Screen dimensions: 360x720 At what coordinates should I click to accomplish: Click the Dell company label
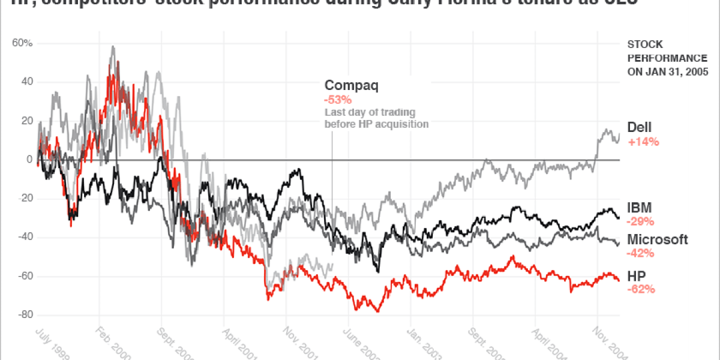click(x=639, y=127)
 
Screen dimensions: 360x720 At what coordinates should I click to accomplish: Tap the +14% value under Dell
click(x=643, y=142)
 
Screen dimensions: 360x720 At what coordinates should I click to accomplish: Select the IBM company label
click(x=640, y=208)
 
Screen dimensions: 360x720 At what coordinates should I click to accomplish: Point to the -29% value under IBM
click(x=640, y=221)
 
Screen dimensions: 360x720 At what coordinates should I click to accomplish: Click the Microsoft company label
click(x=657, y=239)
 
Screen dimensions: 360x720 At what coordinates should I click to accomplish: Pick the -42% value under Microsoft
click(x=640, y=253)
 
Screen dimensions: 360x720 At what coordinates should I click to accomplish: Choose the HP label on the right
click(x=636, y=275)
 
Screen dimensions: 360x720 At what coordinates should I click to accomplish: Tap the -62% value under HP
click(x=640, y=289)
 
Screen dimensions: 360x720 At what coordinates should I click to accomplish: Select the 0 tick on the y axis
click(x=29, y=160)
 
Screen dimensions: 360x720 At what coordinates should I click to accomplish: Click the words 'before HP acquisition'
click(x=376, y=124)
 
